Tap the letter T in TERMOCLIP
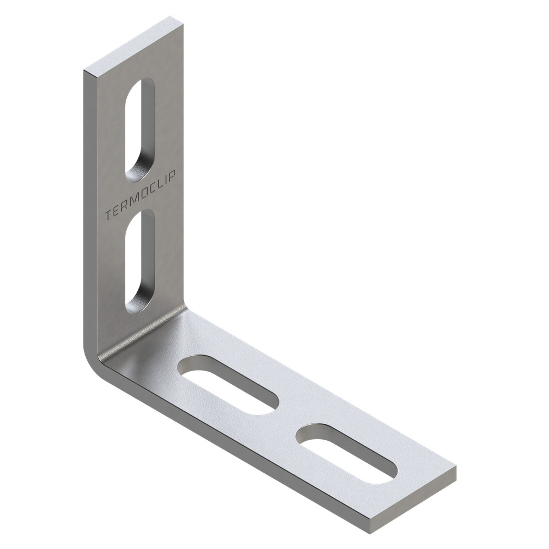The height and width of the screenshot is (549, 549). tap(109, 216)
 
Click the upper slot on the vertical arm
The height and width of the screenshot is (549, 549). tap(139, 131)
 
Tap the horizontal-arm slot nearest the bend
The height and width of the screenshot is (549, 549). tap(228, 385)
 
